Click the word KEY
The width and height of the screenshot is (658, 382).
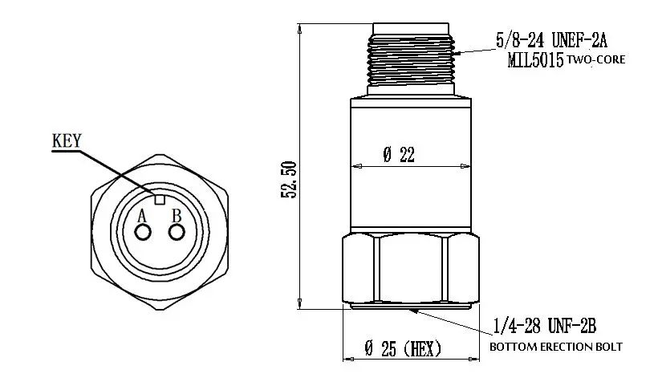(67, 140)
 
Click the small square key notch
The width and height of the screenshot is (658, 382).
(160, 200)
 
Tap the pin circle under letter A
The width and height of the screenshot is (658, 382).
(143, 232)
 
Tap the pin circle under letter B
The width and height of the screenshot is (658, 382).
(177, 232)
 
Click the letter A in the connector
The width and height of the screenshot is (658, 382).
(142, 216)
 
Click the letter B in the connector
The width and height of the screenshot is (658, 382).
(177, 216)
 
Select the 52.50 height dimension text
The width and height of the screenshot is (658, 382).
(290, 180)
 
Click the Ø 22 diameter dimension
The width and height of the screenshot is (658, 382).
(399, 154)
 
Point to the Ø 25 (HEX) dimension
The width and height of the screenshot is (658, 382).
(403, 348)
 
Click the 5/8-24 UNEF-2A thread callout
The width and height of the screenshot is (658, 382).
(551, 41)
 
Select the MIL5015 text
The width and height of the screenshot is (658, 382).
(535, 60)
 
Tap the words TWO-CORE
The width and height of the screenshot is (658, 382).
(596, 59)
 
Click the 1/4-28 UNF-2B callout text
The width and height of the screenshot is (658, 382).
(545, 326)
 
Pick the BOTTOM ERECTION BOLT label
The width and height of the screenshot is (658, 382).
(556, 347)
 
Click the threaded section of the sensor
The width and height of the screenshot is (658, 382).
(411, 59)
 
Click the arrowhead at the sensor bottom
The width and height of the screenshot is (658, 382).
(414, 311)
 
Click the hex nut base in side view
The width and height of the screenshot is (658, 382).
(411, 269)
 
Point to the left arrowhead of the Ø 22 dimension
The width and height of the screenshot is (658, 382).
(358, 166)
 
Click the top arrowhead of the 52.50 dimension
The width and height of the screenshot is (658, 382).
(299, 29)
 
